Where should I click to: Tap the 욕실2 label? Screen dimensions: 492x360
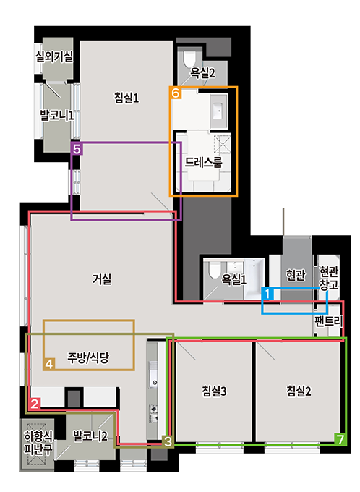point(203,72)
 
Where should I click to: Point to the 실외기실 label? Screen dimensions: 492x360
point(54,56)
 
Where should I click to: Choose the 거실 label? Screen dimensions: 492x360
point(102,278)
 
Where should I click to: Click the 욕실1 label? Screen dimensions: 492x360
point(234,279)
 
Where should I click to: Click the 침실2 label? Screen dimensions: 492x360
point(298,391)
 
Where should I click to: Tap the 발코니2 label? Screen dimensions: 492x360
point(90,436)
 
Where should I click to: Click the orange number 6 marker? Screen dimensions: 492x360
point(176,93)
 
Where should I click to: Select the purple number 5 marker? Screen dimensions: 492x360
point(77,148)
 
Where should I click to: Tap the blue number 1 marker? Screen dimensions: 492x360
point(267,294)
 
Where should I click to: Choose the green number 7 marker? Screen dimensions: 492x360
point(339,438)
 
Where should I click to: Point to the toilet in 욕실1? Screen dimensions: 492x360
point(213,270)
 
